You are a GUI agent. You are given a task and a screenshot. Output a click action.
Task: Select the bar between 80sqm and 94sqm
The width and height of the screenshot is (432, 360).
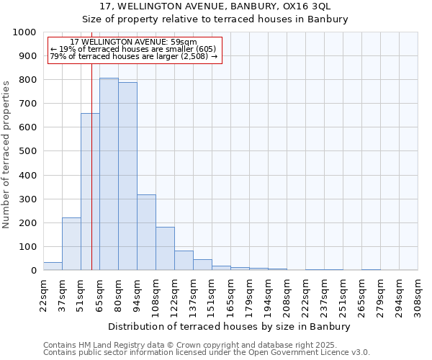click(x=127, y=176)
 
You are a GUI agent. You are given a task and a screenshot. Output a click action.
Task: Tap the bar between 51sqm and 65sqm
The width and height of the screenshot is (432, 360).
click(x=90, y=192)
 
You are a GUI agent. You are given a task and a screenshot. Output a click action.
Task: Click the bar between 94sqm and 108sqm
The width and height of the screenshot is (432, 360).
click(x=146, y=233)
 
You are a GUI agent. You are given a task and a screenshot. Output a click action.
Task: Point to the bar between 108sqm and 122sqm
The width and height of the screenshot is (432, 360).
click(x=165, y=248)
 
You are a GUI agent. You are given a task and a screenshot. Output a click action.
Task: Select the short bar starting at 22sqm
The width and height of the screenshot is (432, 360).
click(x=53, y=266)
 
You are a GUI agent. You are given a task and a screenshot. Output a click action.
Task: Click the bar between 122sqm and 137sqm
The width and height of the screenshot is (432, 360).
click(x=184, y=261)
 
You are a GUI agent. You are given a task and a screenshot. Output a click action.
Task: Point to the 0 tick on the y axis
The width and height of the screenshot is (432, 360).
click(x=34, y=271)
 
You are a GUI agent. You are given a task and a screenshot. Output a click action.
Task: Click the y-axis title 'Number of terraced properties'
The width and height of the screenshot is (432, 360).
click(x=7, y=154)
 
